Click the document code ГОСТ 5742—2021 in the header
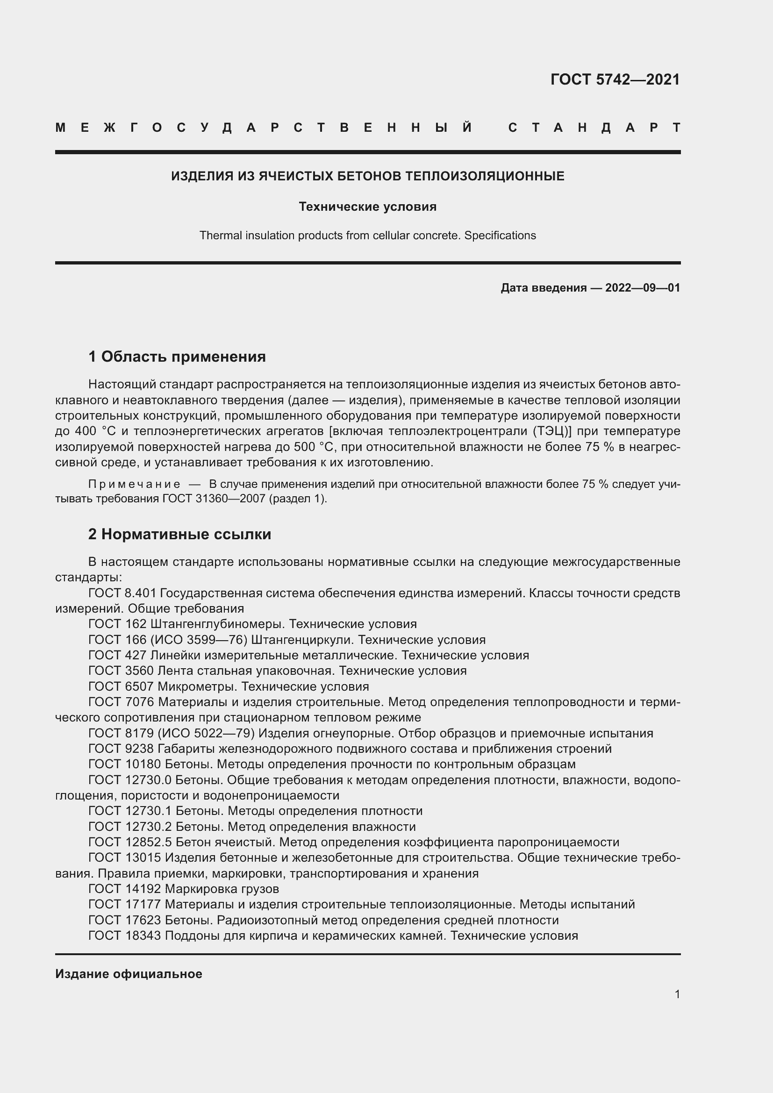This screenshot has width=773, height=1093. coord(615,79)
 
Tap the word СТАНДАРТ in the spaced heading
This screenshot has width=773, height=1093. coord(594,128)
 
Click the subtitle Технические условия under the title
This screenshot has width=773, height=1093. coord(367,207)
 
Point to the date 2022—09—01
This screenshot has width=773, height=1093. coord(642,287)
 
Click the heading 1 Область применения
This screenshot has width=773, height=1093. coord(177,357)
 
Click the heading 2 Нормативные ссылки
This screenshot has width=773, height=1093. coord(179,534)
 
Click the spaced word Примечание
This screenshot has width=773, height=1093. coord(134,484)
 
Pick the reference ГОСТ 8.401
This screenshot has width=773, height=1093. coord(122,593)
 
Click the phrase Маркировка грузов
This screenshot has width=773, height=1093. coord(222,889)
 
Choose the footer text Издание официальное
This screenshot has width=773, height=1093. coord(129,974)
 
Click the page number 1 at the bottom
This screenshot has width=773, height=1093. coord(677,994)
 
